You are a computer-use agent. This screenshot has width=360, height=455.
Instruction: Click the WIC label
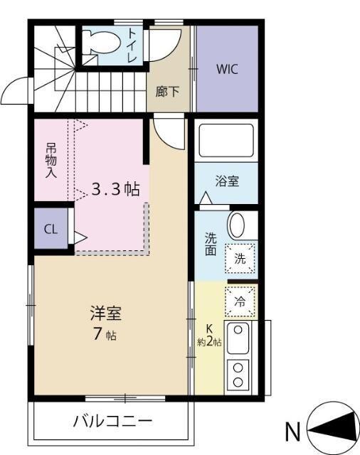[227, 70]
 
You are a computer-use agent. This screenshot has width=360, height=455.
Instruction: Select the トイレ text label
[134, 45]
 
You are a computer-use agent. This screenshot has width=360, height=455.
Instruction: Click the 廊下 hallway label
[168, 91]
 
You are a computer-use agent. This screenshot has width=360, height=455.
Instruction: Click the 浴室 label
[227, 181]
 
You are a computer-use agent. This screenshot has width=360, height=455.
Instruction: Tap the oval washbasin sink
[237, 225]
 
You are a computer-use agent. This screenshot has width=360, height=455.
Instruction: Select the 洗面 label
[211, 244]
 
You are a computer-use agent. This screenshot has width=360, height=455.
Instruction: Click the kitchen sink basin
[238, 339]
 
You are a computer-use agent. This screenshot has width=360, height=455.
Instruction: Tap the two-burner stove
[238, 373]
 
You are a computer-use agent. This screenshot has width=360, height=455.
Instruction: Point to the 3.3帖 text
[115, 189]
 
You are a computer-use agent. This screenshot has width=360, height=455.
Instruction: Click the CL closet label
[51, 229]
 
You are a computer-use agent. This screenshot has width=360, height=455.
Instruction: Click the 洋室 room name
[105, 313]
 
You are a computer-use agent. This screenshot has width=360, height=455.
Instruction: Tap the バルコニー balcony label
[113, 422]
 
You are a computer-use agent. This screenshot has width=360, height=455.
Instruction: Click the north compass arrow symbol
[334, 428]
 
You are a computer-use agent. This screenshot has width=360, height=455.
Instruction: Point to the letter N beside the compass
[292, 431]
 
